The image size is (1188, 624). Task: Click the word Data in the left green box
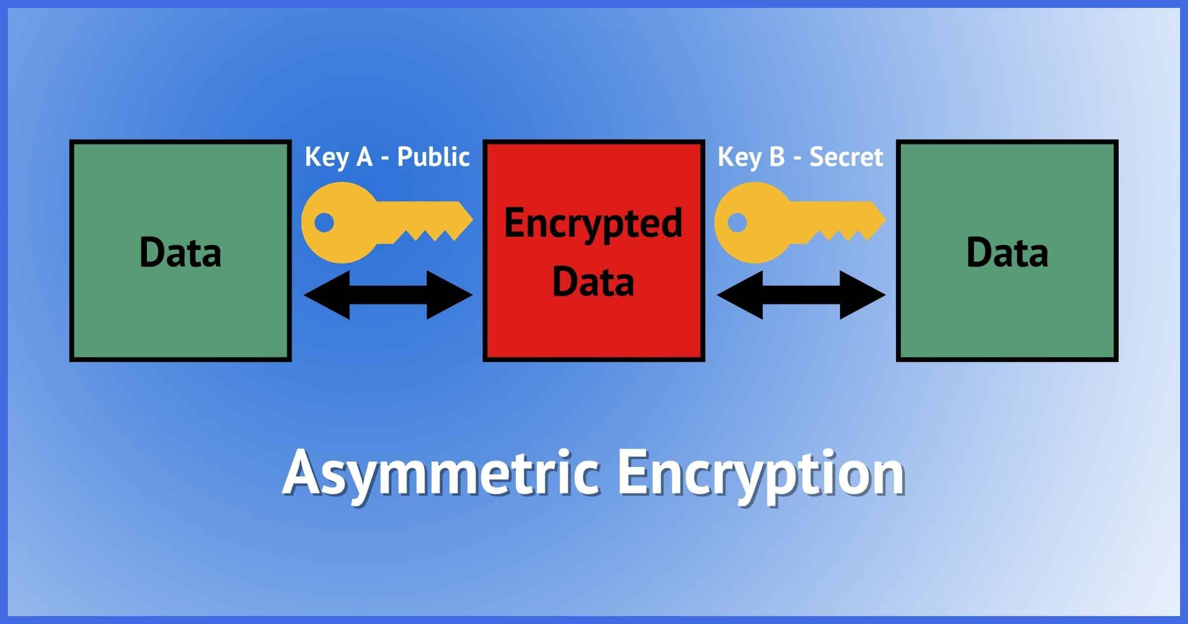click(x=180, y=253)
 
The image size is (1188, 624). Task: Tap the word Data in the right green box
click(x=1007, y=253)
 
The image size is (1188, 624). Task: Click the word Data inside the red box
click(x=593, y=281)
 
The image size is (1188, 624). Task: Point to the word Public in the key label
click(x=433, y=157)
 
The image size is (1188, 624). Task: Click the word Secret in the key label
click(x=846, y=157)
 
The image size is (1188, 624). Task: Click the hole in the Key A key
click(x=324, y=222)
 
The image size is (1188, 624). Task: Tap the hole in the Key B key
click(x=737, y=222)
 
